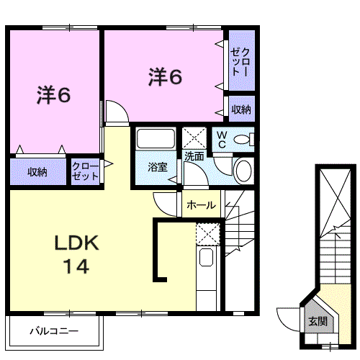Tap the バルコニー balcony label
tap(54, 333)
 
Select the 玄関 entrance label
tap(318, 321)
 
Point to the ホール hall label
tap(200, 205)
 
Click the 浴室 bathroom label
tap(157, 167)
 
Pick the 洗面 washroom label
tap(193, 156)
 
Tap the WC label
tap(221, 139)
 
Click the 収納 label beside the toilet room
tap(241, 109)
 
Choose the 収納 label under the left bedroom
tap(37, 171)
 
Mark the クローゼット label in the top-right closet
tap(240, 63)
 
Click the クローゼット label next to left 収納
tap(85, 171)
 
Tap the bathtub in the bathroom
tap(156, 140)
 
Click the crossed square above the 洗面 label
tap(194, 137)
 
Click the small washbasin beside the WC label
tap(243, 138)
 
